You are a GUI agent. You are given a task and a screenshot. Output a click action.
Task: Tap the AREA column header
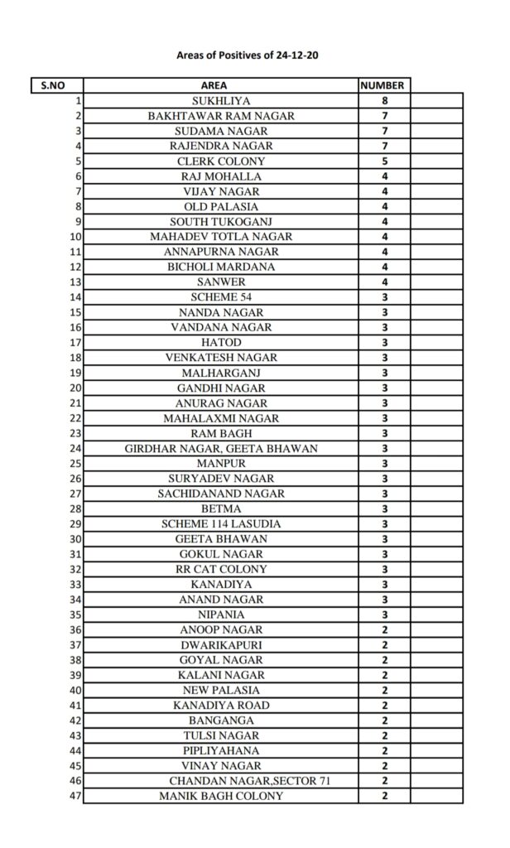(x=220, y=85)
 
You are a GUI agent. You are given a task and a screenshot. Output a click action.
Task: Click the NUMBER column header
(x=384, y=85)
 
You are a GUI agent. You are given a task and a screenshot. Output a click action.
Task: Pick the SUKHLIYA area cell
(x=220, y=100)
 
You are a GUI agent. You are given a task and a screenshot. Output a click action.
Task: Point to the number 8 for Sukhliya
(x=384, y=100)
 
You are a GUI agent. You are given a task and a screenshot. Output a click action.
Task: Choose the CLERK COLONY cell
(x=220, y=161)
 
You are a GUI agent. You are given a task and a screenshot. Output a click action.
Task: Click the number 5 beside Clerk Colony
(x=384, y=161)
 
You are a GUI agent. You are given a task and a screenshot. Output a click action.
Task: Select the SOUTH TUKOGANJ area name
(x=220, y=222)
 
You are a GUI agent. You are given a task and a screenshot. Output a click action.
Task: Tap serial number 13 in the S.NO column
(x=75, y=282)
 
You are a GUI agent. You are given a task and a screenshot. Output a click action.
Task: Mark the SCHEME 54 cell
(x=220, y=297)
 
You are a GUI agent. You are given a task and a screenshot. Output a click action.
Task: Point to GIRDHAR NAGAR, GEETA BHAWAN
(x=220, y=449)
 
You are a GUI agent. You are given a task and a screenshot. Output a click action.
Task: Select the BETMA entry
(x=220, y=509)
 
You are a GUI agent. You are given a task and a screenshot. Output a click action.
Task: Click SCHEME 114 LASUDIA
(x=220, y=524)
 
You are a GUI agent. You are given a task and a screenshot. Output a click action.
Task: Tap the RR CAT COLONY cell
(x=220, y=570)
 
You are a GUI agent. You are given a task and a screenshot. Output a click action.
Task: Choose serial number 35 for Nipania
(x=75, y=615)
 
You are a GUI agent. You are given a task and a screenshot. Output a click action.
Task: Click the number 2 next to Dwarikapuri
(x=384, y=645)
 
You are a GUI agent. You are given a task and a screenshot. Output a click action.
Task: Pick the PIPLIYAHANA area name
(x=220, y=751)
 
